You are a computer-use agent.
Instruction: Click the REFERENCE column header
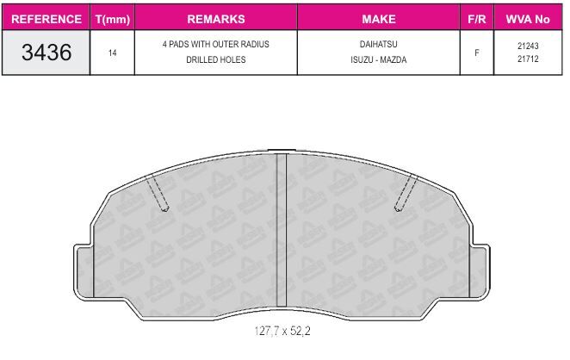point(46,19)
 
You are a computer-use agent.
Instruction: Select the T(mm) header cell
point(112,19)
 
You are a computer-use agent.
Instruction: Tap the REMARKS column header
point(216,19)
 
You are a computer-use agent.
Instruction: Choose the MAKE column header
point(379,19)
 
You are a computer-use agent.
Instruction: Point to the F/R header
point(476,19)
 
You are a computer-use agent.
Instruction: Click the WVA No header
point(528,19)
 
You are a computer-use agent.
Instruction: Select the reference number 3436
point(46,53)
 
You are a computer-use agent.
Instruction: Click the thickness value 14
point(112,53)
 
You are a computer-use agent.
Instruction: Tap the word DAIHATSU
point(379,44)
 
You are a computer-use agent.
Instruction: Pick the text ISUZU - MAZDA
point(379,59)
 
